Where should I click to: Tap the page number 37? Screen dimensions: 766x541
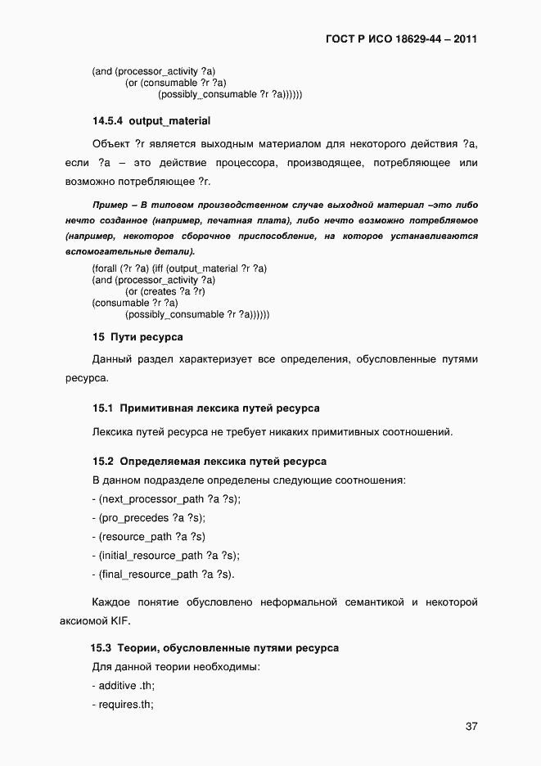pyautogui.click(x=471, y=726)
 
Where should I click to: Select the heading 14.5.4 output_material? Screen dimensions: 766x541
pyautogui.click(x=151, y=121)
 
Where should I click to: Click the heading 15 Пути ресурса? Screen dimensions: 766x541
pyautogui.click(x=138, y=336)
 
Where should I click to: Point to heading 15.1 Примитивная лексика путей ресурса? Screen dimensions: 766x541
pyautogui.click(x=205, y=408)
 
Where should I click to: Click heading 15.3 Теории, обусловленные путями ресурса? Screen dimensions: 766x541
pyautogui.click(x=214, y=647)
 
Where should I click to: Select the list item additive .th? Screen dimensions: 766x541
pyautogui.click(x=126, y=685)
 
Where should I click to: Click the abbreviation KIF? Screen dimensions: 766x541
pyautogui.click(x=110, y=620)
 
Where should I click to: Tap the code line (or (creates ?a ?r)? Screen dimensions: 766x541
pyautogui.click(x=165, y=291)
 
